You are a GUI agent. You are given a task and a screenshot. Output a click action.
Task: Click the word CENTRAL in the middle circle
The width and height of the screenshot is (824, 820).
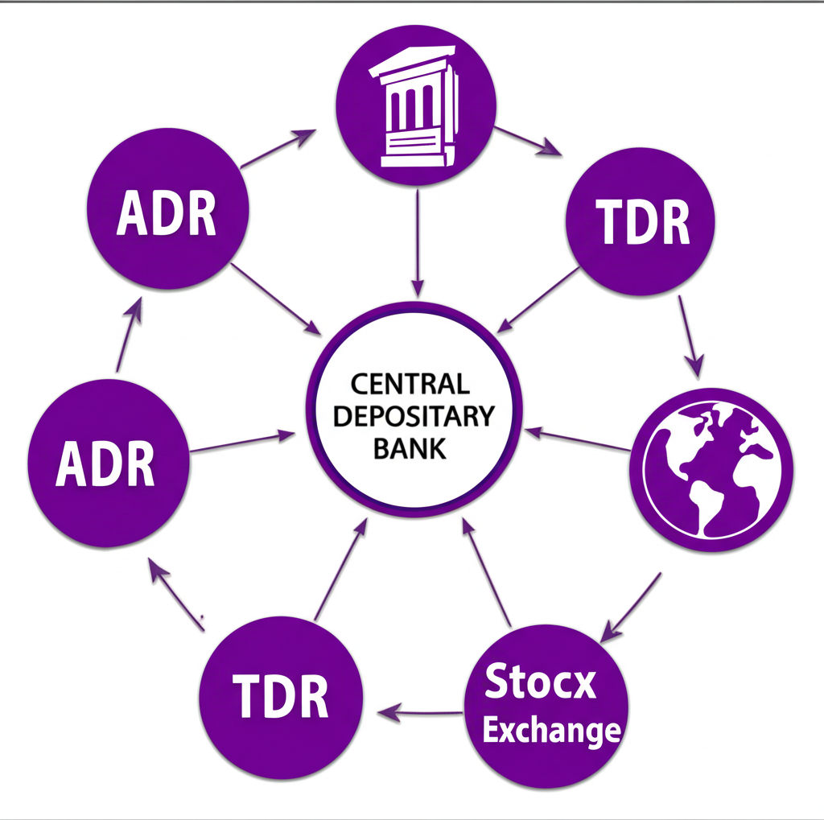(x=410, y=384)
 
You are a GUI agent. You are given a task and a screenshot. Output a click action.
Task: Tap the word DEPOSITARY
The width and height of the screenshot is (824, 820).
(x=414, y=416)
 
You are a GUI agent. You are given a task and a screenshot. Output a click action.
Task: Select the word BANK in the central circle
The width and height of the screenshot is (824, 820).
(x=410, y=447)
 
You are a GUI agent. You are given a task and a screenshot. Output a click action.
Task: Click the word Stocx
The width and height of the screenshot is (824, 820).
(x=541, y=683)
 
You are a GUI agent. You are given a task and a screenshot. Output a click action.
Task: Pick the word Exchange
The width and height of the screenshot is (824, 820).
(x=551, y=731)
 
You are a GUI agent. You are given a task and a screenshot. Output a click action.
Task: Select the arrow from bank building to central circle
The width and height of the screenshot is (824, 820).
(x=417, y=241)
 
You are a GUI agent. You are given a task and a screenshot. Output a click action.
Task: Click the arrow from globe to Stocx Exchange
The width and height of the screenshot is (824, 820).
(x=632, y=608)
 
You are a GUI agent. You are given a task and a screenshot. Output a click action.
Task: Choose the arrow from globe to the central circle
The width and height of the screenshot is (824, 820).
(x=578, y=439)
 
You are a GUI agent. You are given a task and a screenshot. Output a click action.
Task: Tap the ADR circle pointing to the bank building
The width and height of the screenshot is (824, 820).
(x=167, y=211)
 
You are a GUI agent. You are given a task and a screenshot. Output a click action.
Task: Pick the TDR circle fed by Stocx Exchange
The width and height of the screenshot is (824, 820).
(x=281, y=697)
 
